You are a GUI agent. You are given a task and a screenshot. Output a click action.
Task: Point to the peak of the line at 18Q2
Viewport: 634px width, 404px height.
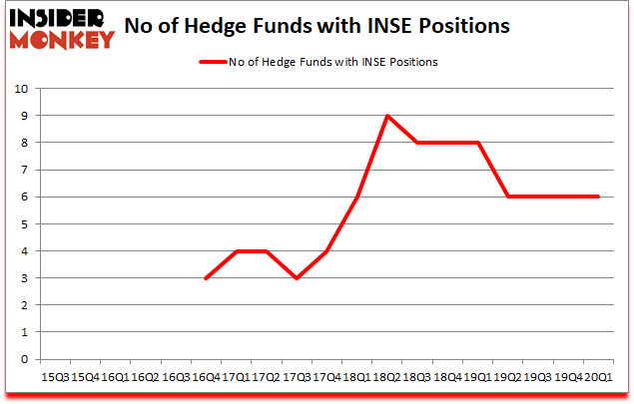386,116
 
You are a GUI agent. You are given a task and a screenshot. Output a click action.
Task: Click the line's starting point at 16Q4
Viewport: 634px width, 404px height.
206,278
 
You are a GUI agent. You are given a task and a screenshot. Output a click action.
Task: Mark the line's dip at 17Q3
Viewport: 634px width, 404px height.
297,278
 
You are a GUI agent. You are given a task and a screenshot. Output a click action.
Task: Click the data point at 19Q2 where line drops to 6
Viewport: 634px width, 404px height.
508,197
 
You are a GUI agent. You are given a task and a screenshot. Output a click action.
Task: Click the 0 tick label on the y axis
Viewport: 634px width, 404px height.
22,360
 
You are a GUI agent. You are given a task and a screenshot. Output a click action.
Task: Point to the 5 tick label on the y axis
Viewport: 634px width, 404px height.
22,224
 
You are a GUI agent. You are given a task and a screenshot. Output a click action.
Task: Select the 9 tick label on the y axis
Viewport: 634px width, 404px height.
22,116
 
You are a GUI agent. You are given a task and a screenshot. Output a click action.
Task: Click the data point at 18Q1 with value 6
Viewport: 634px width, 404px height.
356,197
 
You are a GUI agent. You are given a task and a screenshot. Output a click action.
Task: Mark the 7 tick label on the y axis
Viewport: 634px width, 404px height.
22,170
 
